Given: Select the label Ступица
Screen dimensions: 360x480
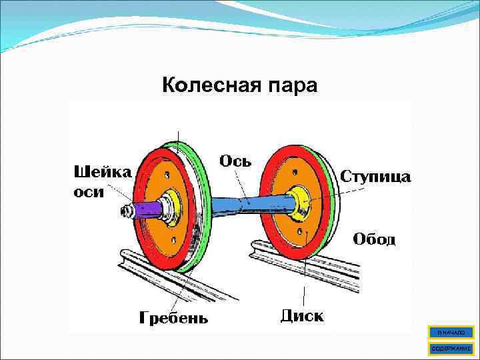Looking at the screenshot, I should coord(376,177).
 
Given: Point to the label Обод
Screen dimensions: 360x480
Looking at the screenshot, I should coord(373,239).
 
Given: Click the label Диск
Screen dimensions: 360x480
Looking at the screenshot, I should coord(302,314).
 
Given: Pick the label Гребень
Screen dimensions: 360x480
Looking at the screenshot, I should coord(173,317).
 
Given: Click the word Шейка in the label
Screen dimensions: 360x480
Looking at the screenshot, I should coord(101,172).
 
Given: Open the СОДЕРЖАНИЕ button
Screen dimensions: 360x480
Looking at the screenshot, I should coord(451,348).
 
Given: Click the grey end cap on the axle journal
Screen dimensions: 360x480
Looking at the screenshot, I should coord(125,212).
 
